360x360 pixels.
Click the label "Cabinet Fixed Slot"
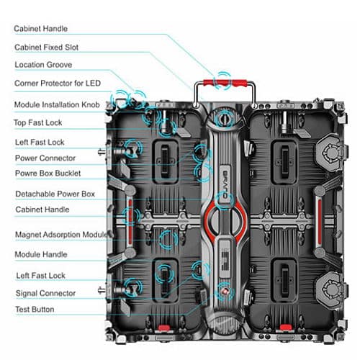click(x=46, y=48)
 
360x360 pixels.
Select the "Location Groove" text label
click(x=43, y=65)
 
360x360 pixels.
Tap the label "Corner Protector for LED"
click(x=58, y=84)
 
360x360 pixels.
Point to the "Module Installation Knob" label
click(x=57, y=104)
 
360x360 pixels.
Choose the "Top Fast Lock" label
click(x=38, y=122)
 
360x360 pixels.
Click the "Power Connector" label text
click(x=45, y=158)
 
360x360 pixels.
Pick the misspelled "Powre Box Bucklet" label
click(x=48, y=174)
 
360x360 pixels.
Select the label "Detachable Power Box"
click(x=55, y=194)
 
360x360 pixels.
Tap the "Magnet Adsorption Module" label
click(x=61, y=235)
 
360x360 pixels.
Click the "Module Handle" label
click(x=41, y=254)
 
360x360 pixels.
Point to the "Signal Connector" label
click(x=45, y=293)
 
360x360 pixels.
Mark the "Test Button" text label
click(x=35, y=310)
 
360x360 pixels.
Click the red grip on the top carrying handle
click(x=225, y=83)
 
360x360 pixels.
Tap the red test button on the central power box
click(x=225, y=292)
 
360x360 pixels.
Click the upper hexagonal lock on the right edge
click(x=331, y=152)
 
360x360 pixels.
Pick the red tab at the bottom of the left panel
click(x=164, y=328)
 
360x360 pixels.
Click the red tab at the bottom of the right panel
click(x=286, y=328)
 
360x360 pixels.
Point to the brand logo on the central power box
click(x=225, y=184)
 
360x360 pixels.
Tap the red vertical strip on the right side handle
click(x=320, y=221)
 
